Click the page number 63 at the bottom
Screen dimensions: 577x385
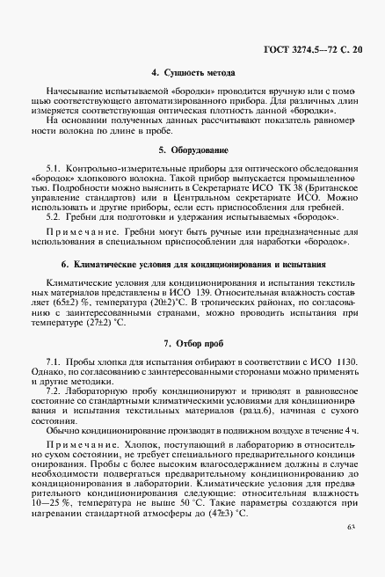coord(352,551)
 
